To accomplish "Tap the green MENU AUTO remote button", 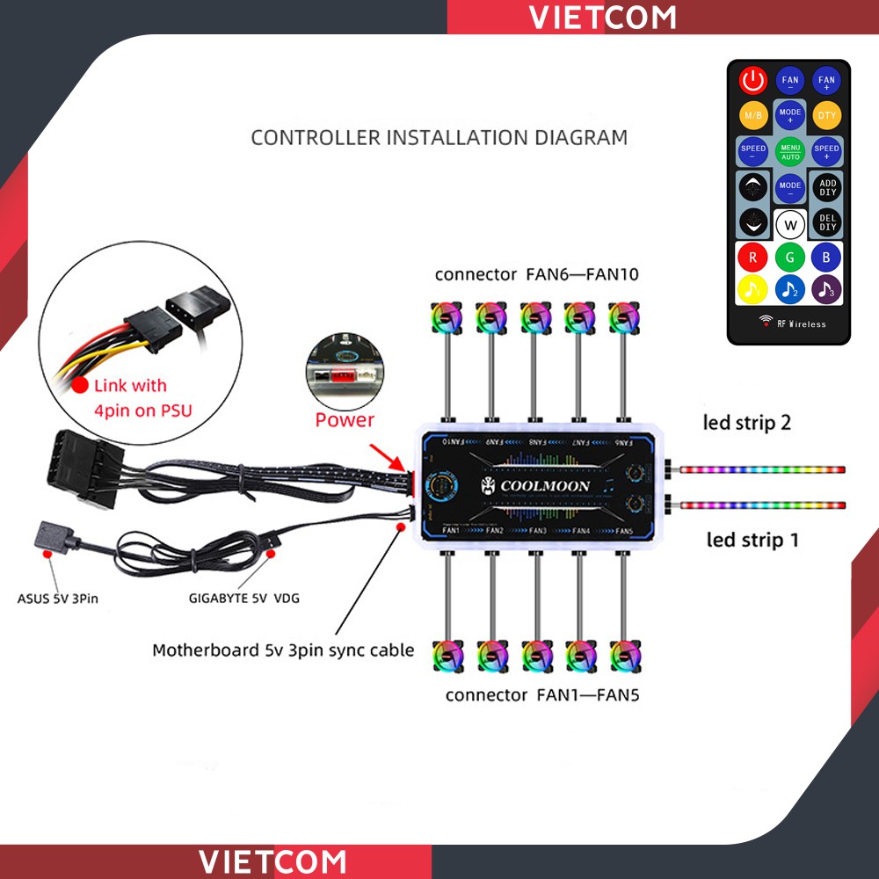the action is [790, 152].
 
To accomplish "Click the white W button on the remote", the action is [790, 224].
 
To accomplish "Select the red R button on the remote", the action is [753, 258].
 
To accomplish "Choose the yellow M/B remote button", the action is [753, 115].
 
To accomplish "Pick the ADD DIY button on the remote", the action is [826, 187].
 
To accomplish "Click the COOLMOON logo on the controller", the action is [535, 485].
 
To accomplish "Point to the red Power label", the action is [345, 419].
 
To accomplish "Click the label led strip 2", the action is [747, 423].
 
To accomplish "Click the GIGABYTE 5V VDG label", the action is [243, 599].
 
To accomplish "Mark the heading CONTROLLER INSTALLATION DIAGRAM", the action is [439, 137].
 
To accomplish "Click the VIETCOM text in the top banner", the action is [603, 17].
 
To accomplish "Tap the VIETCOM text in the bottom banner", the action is [272, 861].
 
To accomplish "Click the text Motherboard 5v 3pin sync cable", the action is [283, 650].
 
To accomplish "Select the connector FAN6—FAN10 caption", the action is [536, 274].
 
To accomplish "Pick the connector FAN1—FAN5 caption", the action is [542, 695].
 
